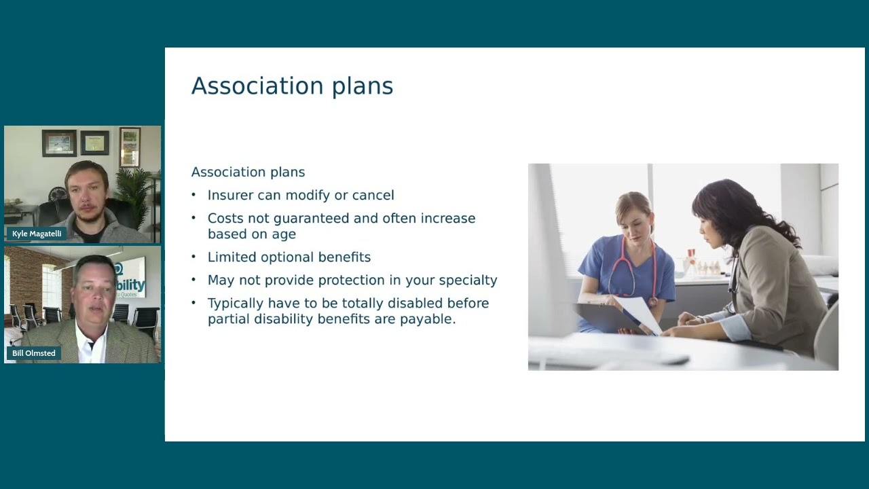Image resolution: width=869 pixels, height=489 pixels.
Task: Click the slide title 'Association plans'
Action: click(x=292, y=86)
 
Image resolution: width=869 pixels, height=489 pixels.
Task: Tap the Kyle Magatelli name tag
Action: click(x=37, y=234)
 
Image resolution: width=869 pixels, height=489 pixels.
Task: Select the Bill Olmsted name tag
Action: click(x=34, y=353)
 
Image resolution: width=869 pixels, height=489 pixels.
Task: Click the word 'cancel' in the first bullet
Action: click(x=373, y=196)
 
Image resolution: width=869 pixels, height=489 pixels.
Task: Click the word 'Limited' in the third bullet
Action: click(x=232, y=257)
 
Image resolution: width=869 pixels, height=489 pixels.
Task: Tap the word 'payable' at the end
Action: click(x=430, y=319)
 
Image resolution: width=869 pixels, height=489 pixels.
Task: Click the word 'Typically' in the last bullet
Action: click(x=236, y=304)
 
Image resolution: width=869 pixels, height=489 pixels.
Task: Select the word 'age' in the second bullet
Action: click(x=284, y=234)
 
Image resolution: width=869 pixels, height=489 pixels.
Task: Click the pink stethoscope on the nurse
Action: click(x=631, y=272)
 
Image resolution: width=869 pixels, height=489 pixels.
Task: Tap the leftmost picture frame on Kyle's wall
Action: click(x=58, y=143)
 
